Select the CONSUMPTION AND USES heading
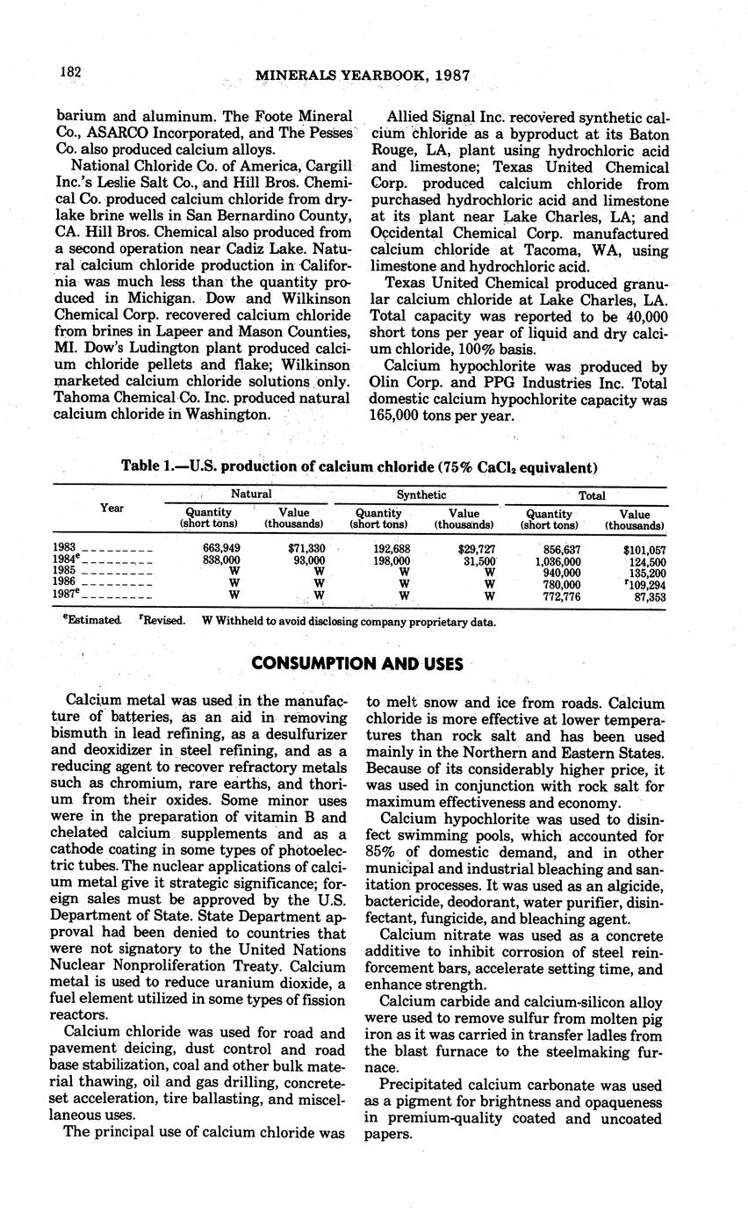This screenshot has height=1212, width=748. coord(357,664)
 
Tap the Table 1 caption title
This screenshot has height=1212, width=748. coord(359,466)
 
